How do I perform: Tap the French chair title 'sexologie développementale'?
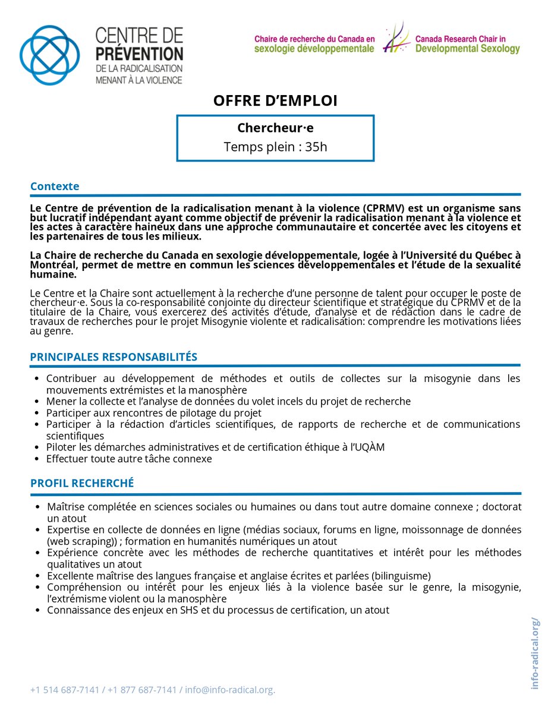pos(314,49)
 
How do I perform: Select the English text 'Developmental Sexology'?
pos(467,49)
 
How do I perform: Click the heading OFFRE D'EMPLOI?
pos(275,101)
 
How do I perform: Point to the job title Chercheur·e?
pos(275,128)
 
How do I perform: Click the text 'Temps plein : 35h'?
pos(275,147)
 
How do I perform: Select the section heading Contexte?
pos(55,186)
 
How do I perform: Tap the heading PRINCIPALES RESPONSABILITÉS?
pos(114,356)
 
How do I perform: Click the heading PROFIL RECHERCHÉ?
pos(82,483)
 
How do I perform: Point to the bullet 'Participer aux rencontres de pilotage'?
pos(153,412)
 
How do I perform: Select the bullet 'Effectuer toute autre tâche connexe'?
pos(129,459)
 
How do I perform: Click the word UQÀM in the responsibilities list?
pos(371,447)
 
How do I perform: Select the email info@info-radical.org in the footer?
pos(229,690)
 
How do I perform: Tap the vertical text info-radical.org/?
pos(536,653)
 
